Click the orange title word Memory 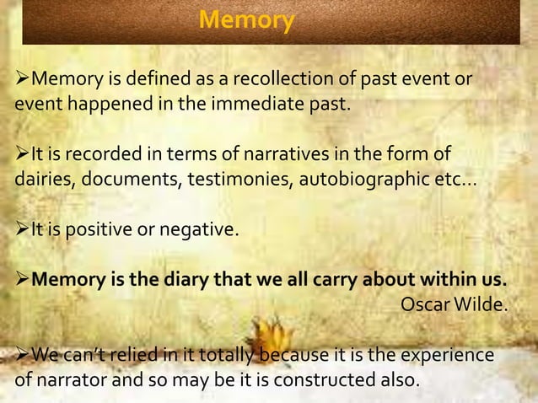[247, 19]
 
